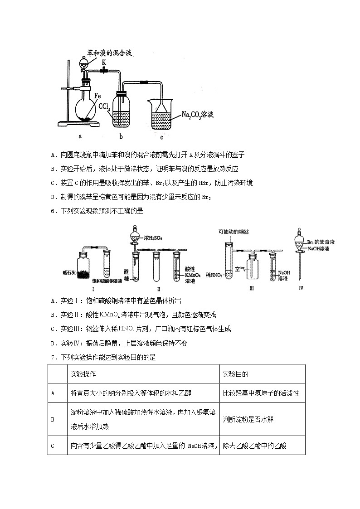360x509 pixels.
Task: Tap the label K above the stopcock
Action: (x=104, y=62)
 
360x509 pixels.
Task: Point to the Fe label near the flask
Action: (x=97, y=96)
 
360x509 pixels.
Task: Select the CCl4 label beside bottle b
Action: (x=104, y=107)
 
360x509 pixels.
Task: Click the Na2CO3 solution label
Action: (x=191, y=116)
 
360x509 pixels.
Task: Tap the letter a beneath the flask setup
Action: (x=80, y=135)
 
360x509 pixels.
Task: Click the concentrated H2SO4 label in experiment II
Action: (x=153, y=237)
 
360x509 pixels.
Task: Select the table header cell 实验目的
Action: (x=236, y=374)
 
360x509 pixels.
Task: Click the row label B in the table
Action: (x=53, y=419)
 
